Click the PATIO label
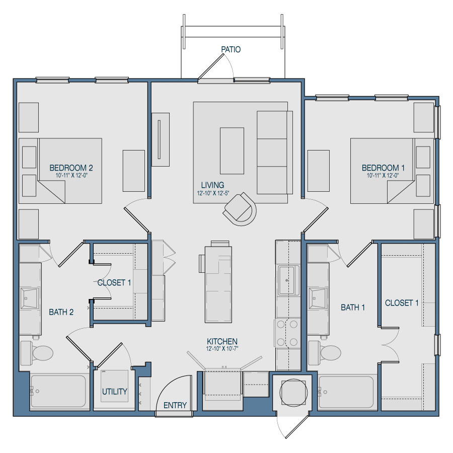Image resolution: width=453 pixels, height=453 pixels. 231,49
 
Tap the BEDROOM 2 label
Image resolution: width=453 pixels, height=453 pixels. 71,168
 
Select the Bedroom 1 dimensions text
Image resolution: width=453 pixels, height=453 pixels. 383,175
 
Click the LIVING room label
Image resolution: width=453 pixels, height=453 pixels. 212,185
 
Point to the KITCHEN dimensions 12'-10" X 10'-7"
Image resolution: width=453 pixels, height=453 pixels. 222,349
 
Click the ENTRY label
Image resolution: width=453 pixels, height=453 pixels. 175,405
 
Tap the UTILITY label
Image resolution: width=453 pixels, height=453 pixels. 115,392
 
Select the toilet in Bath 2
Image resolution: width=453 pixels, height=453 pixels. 37,353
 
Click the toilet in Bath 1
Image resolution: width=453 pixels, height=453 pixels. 325,353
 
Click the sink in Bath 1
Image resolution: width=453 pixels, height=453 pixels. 318,298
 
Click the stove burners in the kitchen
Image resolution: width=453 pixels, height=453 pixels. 287,333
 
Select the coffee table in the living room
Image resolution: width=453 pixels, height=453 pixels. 232,151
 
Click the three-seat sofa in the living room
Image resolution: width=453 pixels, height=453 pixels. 275,152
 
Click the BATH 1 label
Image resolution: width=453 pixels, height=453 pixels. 353,308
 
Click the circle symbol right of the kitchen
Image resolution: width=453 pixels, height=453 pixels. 293,392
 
